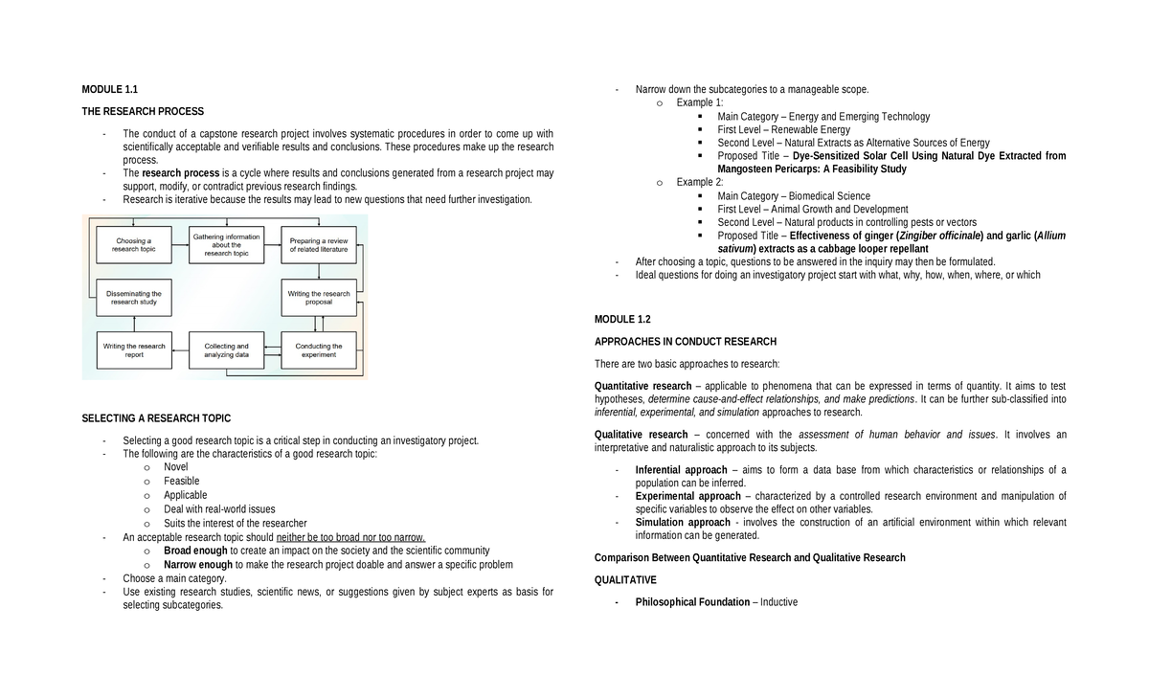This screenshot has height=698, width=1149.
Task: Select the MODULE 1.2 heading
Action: [x=622, y=319]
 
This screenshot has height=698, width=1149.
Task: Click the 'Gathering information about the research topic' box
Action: [x=226, y=245]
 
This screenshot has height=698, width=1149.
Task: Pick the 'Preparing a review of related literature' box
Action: [x=319, y=245]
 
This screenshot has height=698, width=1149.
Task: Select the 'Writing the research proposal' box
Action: [x=319, y=298]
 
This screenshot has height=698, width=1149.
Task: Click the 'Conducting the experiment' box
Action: [x=319, y=350]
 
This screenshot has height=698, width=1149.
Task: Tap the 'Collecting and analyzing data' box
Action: [x=226, y=350]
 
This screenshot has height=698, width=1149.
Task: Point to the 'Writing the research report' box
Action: [x=134, y=350]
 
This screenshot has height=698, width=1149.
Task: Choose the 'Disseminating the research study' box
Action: [x=134, y=298]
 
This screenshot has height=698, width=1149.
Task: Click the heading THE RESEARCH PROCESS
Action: [x=143, y=111]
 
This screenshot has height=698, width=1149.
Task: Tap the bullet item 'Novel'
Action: [x=176, y=467]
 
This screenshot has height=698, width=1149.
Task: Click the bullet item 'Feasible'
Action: [x=181, y=481]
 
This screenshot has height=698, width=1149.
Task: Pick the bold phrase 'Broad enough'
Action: [x=195, y=551]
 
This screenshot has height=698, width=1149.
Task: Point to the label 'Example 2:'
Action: [x=699, y=182]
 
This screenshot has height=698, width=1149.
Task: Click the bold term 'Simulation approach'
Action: [x=683, y=523]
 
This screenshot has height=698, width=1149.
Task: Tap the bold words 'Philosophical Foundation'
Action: [x=692, y=602]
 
